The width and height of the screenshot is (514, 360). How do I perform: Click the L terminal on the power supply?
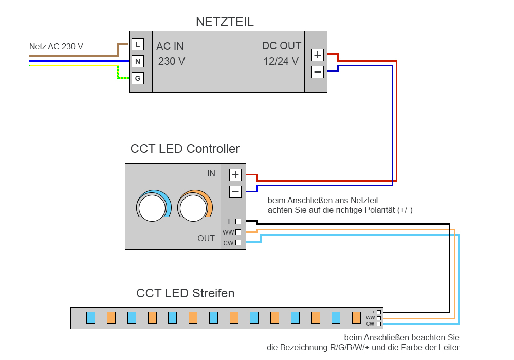pyautogui.click(x=138, y=44)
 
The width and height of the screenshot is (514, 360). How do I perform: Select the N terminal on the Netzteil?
pyautogui.click(x=138, y=62)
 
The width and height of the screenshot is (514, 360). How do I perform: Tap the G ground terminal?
pyautogui.click(x=138, y=79)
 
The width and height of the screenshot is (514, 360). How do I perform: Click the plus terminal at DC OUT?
pyautogui.click(x=318, y=55)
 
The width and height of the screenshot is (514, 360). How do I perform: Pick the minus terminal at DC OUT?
pyautogui.click(x=318, y=72)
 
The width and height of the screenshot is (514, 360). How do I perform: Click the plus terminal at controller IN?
pyautogui.click(x=235, y=175)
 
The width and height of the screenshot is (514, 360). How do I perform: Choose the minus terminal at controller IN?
pyautogui.click(x=235, y=192)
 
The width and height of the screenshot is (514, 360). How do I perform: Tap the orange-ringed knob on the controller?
pyautogui.click(x=194, y=207)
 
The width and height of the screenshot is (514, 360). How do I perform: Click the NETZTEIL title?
pyautogui.click(x=225, y=22)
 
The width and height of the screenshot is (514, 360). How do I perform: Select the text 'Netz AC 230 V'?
pyautogui.click(x=56, y=47)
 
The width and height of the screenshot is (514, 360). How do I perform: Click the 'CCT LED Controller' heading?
pyautogui.click(x=185, y=149)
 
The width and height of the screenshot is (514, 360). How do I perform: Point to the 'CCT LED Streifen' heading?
pyautogui.click(x=186, y=293)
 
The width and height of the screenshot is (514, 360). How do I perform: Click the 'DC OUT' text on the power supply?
pyautogui.click(x=282, y=46)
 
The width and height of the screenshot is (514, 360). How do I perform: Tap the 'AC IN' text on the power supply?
pyautogui.click(x=170, y=46)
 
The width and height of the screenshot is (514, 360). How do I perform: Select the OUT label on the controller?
pyautogui.click(x=206, y=239)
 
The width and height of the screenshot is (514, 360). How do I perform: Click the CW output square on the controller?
pyautogui.click(x=238, y=243)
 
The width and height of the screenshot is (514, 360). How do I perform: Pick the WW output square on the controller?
pyautogui.click(x=238, y=232)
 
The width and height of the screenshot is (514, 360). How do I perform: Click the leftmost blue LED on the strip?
pyautogui.click(x=90, y=318)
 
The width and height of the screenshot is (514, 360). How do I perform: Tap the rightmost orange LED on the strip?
pyautogui.click(x=357, y=318)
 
